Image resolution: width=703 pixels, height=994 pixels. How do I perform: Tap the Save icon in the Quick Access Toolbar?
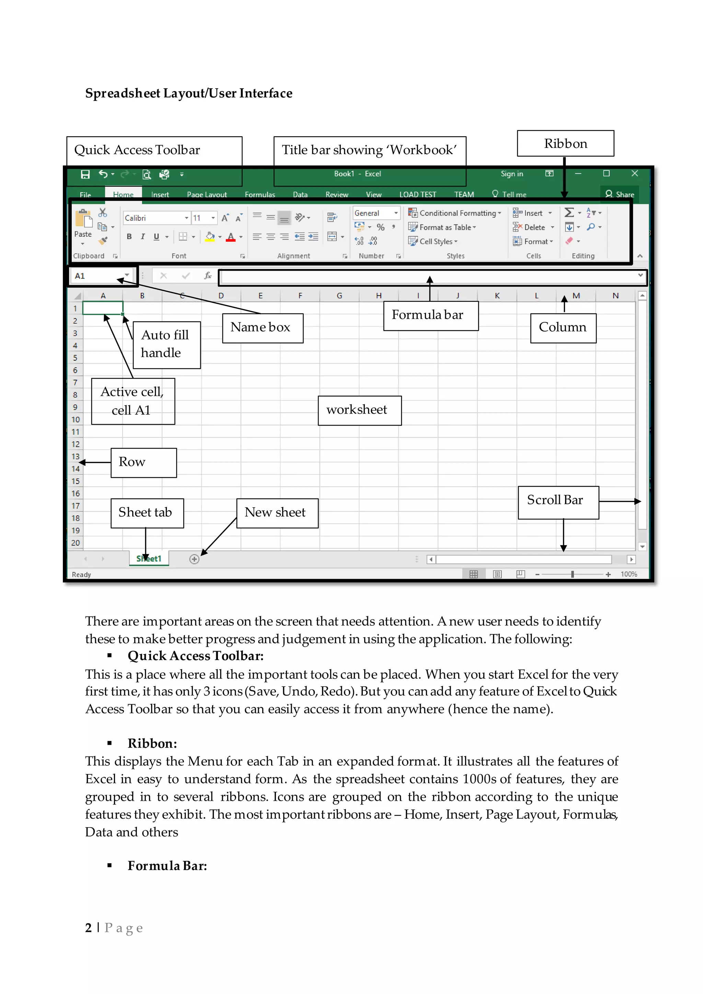pos(85,174)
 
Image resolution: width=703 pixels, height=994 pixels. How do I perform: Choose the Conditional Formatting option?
pos(455,213)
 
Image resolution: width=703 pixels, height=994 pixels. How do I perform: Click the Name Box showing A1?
pos(97,276)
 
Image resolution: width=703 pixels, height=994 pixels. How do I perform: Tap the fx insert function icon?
pos(208,276)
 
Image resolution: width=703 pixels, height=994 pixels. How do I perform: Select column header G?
pos(339,296)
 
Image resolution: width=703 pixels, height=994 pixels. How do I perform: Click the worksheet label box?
pos(359,410)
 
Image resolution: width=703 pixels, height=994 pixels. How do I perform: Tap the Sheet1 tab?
pos(149,558)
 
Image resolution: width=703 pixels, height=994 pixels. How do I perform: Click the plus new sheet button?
pos(194,559)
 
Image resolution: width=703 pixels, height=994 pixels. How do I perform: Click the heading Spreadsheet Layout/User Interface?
pos(188,93)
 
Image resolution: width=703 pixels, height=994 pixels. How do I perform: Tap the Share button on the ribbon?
pos(620,194)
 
